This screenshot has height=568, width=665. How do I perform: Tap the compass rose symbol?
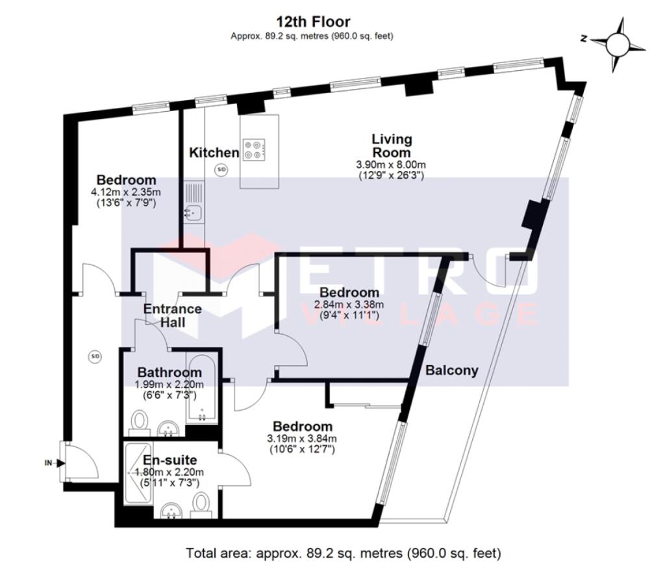click(x=617, y=44)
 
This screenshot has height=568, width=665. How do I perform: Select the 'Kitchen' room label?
click(x=214, y=153)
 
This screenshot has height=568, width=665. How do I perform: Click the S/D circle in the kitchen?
click(x=221, y=170)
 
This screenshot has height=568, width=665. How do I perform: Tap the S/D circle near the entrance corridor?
click(x=95, y=356)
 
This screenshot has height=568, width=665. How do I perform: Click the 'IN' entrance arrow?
click(x=51, y=463)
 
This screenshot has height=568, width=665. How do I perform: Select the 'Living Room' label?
click(x=391, y=146)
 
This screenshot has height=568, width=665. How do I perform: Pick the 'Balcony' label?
click(x=452, y=370)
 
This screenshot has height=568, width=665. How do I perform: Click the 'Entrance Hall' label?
click(x=172, y=315)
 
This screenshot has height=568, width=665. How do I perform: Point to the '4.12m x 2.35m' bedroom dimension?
click(x=126, y=192)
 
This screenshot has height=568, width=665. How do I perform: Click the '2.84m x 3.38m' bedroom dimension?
click(x=349, y=304)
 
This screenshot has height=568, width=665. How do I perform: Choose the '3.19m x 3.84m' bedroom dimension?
click(x=303, y=438)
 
